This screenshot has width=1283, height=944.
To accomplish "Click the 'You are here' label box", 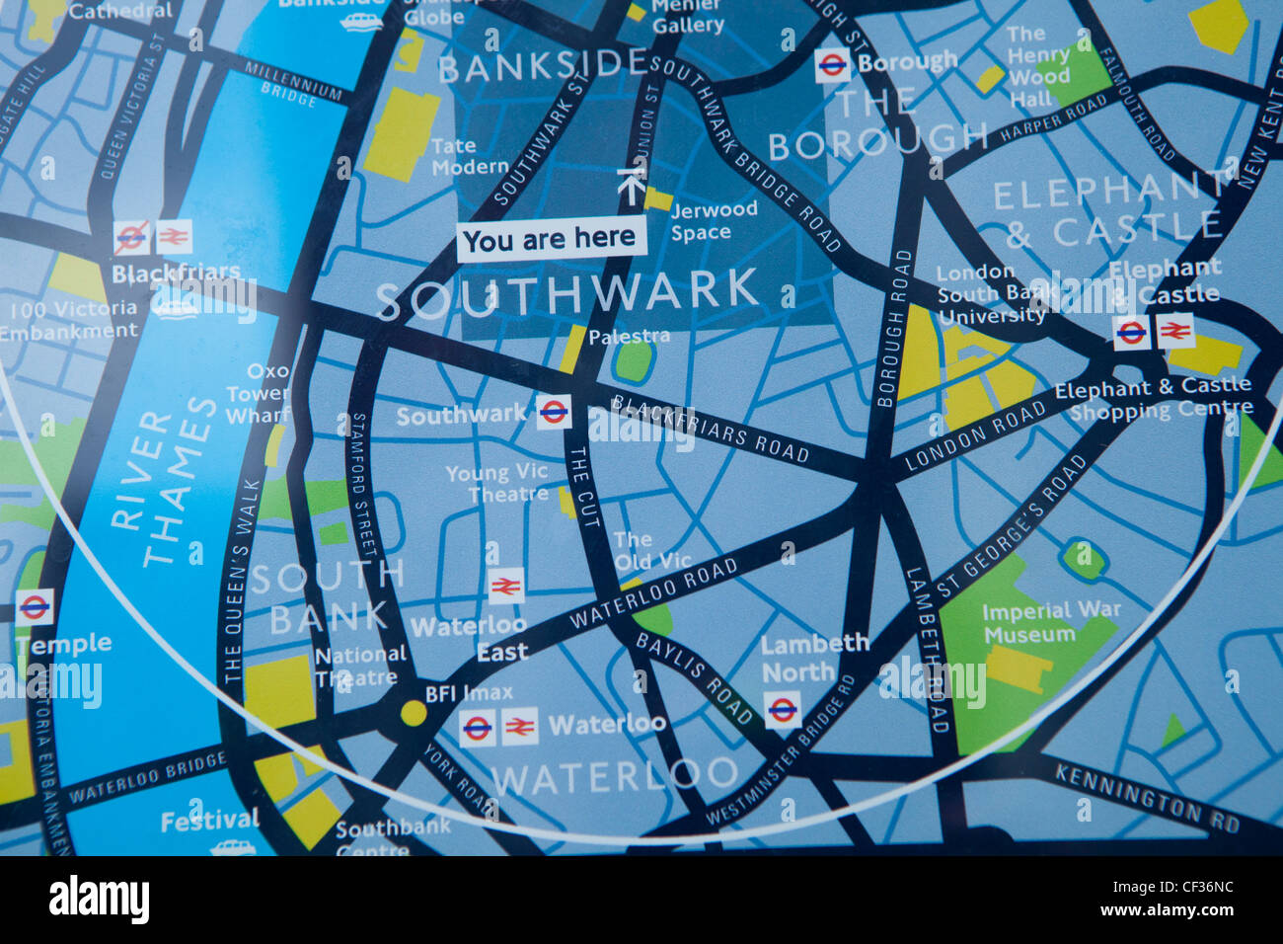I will point(551,239).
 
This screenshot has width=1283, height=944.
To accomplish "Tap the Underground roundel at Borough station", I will point(832,66).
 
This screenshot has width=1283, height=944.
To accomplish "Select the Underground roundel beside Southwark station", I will point(554,411).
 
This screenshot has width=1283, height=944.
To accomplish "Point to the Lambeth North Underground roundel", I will point(783,709).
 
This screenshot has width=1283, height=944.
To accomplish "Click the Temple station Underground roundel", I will point(35,606).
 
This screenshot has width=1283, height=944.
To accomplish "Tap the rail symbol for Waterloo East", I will point(505,587).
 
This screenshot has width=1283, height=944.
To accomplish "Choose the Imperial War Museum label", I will point(1050,622).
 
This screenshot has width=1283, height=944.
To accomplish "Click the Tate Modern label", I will point(469,156).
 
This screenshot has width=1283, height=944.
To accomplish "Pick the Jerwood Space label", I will point(714,220).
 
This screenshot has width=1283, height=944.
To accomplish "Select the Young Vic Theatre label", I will point(496,484).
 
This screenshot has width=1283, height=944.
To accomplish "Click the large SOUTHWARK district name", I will point(567,294).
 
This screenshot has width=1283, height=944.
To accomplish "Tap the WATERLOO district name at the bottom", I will point(615,776).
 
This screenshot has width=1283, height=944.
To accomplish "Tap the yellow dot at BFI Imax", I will point(414,713).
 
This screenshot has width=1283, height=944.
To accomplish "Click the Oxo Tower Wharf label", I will point(258,393).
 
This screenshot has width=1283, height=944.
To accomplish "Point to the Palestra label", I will point(629,337).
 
